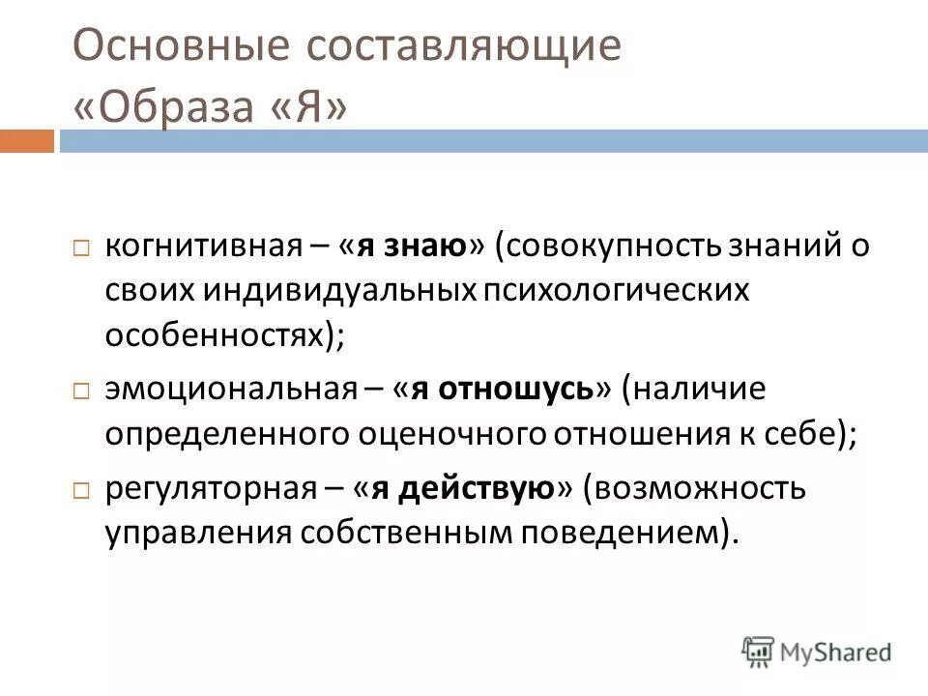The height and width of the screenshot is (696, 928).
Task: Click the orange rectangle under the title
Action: point(26,142)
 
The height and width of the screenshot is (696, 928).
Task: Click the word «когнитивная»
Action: point(205,246)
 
